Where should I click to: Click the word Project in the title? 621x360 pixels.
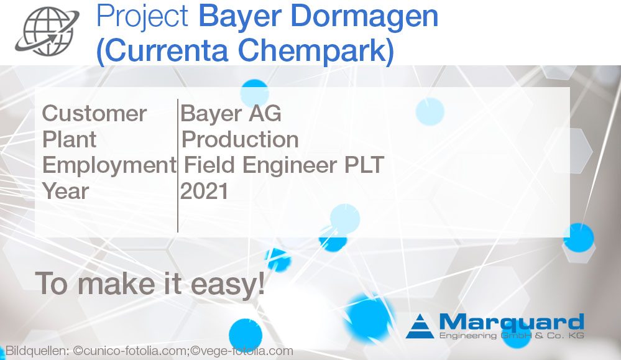pos(142,17)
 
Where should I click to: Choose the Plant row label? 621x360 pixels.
pos(69,139)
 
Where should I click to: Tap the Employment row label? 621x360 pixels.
pos(109,165)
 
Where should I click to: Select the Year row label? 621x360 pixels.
pos(65,191)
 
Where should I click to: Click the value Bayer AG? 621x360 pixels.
pos(231,114)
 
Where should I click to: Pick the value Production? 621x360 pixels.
pos(240,139)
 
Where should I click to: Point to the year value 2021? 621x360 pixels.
pos(205,191)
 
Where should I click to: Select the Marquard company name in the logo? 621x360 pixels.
pos(512,322)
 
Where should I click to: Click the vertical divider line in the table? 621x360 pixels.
pos(178,165)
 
